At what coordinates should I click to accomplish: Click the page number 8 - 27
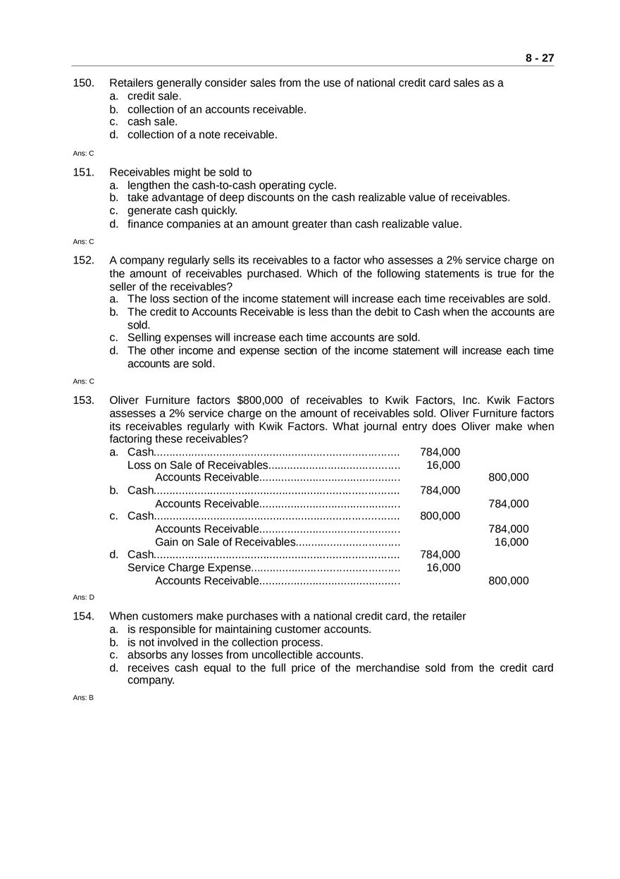[x=539, y=59]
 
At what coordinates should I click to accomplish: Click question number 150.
[x=83, y=83]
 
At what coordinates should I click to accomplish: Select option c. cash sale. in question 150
[x=152, y=122]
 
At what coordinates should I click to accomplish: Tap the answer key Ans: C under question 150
[x=83, y=153]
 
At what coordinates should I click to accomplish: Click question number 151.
[x=83, y=173]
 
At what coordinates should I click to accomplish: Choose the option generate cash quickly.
[x=182, y=211]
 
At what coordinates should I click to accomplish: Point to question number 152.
[x=83, y=261]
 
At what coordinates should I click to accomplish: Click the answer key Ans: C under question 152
[x=83, y=381]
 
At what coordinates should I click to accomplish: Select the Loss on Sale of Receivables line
[x=197, y=465]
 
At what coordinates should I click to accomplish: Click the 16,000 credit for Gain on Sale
[x=511, y=542]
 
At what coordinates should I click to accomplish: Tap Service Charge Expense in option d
[x=189, y=568]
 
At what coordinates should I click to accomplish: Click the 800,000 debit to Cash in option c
[x=440, y=516]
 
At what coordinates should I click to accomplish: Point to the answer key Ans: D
[x=83, y=597]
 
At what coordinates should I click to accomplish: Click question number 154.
[x=83, y=617]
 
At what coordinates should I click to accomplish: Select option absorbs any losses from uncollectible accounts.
[x=245, y=655]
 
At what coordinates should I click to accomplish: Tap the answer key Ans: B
[x=83, y=698]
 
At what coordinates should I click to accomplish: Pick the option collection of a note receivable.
[x=202, y=135]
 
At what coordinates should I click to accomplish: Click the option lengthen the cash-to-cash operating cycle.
[x=232, y=185]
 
